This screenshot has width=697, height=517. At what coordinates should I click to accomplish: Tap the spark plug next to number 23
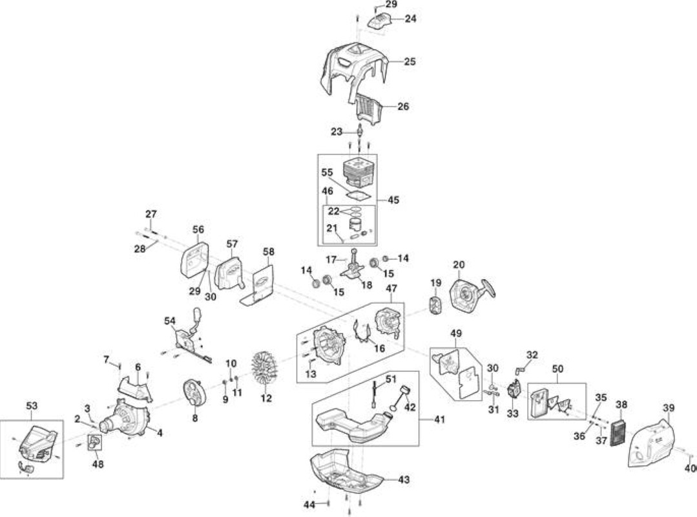point(360,132)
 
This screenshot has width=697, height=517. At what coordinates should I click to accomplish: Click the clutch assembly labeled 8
point(192,394)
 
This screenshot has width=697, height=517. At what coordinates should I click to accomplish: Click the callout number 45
point(393,200)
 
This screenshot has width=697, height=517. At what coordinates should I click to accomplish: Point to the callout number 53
point(32,406)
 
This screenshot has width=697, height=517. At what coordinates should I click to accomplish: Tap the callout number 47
point(391,288)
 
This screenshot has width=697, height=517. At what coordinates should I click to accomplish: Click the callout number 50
point(557,369)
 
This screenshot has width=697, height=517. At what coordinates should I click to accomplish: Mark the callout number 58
point(269,251)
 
